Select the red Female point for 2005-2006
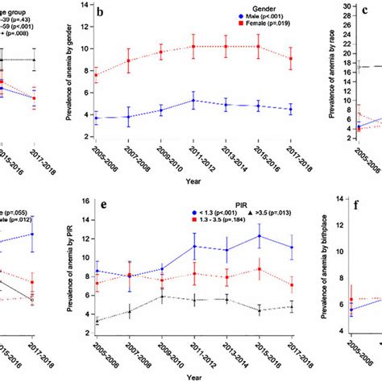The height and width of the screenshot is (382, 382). click(x=97, y=76)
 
